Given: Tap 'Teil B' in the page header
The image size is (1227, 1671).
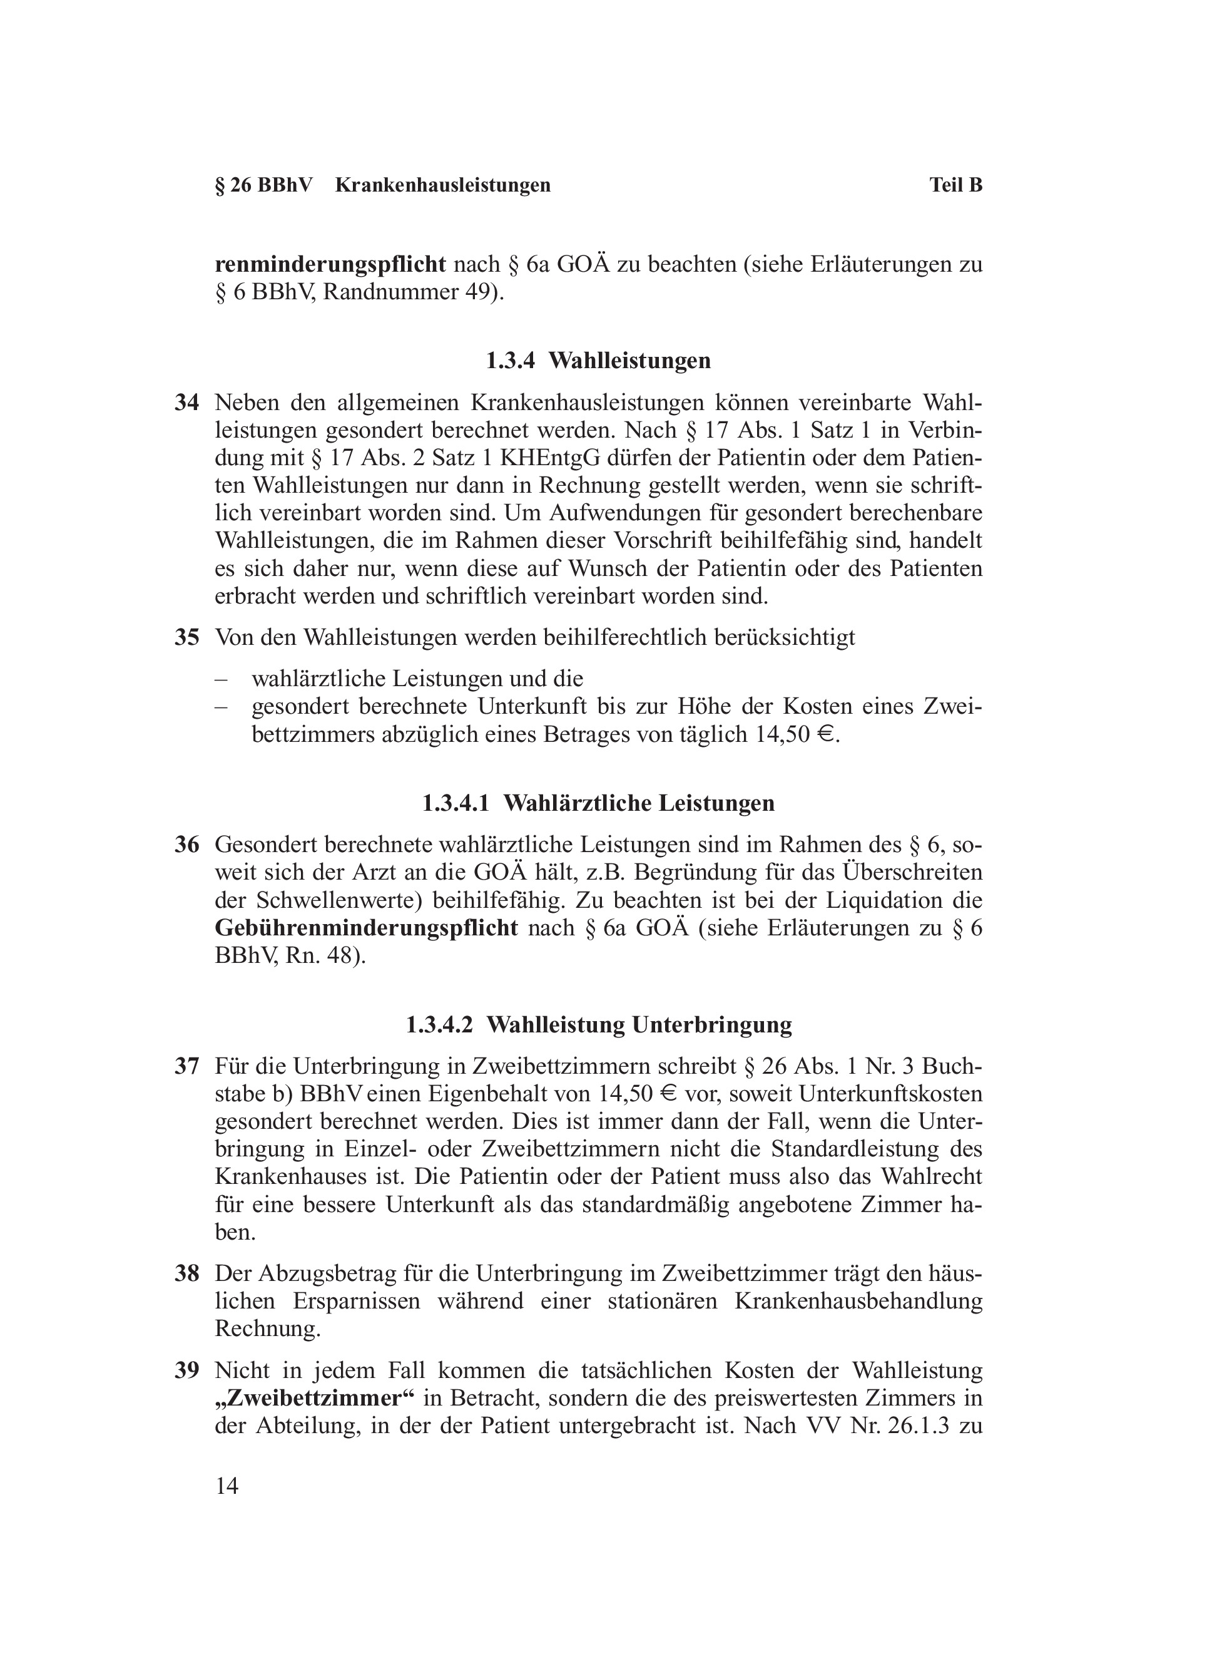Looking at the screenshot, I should coord(955,185).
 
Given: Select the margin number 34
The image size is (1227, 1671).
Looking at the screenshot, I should coord(186,403).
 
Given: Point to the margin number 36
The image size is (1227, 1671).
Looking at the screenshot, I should coord(186,844).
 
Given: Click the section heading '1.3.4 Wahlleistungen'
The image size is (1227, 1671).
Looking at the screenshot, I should coord(598,361).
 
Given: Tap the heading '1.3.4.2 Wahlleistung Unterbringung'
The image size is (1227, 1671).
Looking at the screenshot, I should coord(598,1025).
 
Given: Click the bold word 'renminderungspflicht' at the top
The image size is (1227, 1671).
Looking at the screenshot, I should coord(330,264).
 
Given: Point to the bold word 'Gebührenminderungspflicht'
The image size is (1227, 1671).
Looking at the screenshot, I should coord(366,928).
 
